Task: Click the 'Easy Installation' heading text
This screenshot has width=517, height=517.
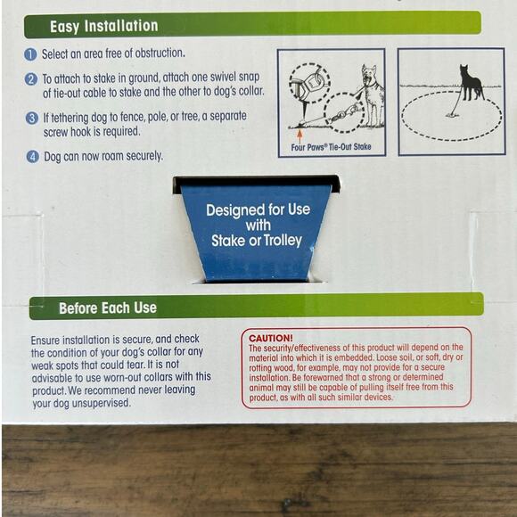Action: pos(104,27)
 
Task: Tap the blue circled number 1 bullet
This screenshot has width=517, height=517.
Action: pos(30,54)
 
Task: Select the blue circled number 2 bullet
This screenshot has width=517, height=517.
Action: pos(31,79)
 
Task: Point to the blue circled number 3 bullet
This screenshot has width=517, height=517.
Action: pos(32,118)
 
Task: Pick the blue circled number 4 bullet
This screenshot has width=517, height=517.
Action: pos(33,157)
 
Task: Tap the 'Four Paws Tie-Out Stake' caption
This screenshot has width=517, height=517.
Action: pos(331,147)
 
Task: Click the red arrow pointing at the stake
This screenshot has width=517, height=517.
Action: pos(300,135)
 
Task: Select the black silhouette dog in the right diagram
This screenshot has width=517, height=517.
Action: pos(471,83)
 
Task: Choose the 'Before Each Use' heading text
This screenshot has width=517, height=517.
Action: pos(108,308)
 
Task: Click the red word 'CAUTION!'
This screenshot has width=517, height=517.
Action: pos(271,338)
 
